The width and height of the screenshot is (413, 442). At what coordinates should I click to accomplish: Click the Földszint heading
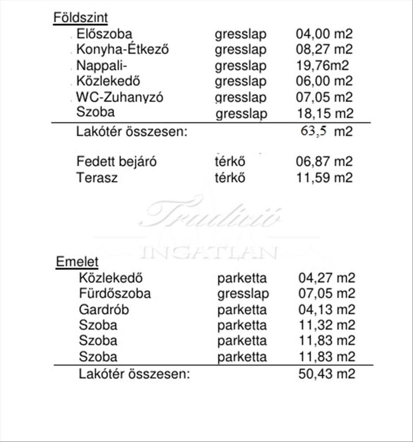click(80, 18)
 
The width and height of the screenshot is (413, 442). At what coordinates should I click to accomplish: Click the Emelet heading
click(77, 262)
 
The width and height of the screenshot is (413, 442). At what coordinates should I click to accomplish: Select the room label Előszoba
click(104, 34)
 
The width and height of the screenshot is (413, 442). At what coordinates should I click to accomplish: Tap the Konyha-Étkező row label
click(122, 49)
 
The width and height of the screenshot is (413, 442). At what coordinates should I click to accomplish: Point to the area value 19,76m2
click(322, 66)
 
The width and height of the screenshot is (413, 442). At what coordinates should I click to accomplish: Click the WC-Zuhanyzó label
click(119, 97)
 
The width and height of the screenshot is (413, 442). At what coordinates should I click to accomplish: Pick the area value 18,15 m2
click(325, 113)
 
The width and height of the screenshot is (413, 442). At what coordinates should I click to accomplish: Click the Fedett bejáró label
click(116, 162)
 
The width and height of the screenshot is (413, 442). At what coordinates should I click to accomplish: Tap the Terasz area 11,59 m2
click(324, 178)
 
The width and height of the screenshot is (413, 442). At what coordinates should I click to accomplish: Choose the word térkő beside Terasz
click(229, 178)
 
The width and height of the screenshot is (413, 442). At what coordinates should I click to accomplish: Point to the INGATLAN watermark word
click(208, 252)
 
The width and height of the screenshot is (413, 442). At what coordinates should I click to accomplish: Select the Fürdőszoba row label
click(115, 293)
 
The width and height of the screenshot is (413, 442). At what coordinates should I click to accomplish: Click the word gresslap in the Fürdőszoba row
click(243, 293)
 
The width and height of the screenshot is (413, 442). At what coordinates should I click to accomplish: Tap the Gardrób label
click(104, 309)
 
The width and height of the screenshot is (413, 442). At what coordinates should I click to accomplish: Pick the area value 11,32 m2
click(327, 325)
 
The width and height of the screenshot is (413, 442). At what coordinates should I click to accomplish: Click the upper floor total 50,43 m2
click(327, 374)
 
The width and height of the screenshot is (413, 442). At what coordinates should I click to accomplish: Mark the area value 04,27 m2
click(327, 278)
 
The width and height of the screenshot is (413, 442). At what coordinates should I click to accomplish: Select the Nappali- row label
click(102, 66)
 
